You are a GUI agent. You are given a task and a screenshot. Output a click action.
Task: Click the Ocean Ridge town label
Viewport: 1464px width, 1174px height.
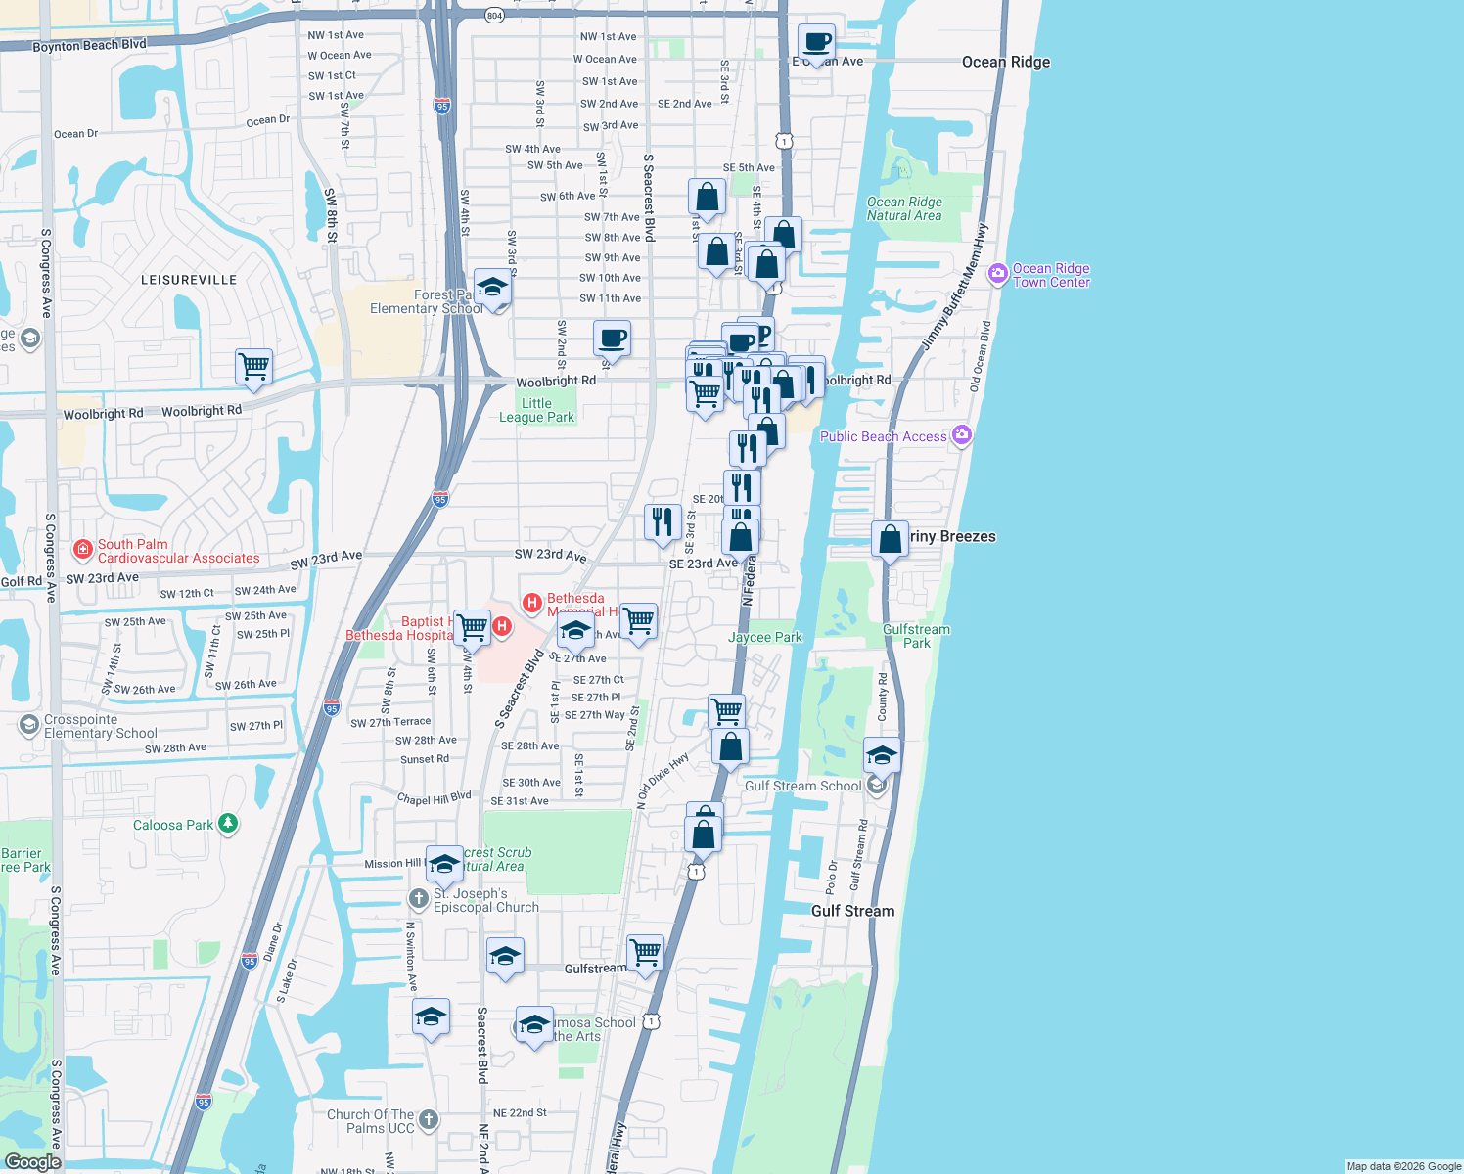[1005, 62]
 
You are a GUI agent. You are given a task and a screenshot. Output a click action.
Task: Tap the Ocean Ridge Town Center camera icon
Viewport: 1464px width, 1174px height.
[998, 274]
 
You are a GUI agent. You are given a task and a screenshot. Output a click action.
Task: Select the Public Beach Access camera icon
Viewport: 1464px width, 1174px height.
[962, 435]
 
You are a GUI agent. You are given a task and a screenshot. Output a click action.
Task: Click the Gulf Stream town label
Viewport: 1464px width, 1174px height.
[852, 911]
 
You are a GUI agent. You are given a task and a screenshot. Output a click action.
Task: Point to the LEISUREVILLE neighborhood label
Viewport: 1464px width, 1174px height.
[189, 280]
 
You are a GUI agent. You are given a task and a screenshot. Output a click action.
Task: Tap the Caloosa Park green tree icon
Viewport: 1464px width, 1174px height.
[228, 824]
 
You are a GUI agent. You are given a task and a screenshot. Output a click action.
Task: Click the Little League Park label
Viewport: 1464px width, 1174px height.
[536, 410]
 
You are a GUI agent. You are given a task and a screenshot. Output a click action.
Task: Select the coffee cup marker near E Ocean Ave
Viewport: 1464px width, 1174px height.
[816, 43]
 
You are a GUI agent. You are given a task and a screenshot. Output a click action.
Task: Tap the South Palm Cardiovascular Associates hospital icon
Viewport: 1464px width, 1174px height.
[83, 550]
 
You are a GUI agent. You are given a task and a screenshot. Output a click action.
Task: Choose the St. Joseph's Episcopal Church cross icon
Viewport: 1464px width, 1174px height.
[418, 898]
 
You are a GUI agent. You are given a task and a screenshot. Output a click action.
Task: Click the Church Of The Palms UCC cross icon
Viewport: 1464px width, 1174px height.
[429, 1119]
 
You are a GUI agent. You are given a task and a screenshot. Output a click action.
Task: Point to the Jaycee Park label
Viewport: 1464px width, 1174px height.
[764, 637]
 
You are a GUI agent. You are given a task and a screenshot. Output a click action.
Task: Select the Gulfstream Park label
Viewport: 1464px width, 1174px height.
[916, 636]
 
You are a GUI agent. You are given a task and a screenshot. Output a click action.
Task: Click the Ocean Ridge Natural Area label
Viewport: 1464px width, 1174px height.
[903, 208]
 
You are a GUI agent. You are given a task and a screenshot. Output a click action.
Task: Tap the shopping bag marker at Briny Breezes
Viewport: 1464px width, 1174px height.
[890, 539]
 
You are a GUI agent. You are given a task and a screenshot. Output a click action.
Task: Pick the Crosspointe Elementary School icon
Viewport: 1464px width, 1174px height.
[29, 725]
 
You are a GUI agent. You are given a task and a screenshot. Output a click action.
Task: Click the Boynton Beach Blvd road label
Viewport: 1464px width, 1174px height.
[89, 45]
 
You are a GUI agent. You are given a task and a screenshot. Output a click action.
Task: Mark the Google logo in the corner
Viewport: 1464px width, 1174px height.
[32, 1162]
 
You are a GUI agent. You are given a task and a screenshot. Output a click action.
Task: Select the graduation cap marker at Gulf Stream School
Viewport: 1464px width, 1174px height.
[881, 756]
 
